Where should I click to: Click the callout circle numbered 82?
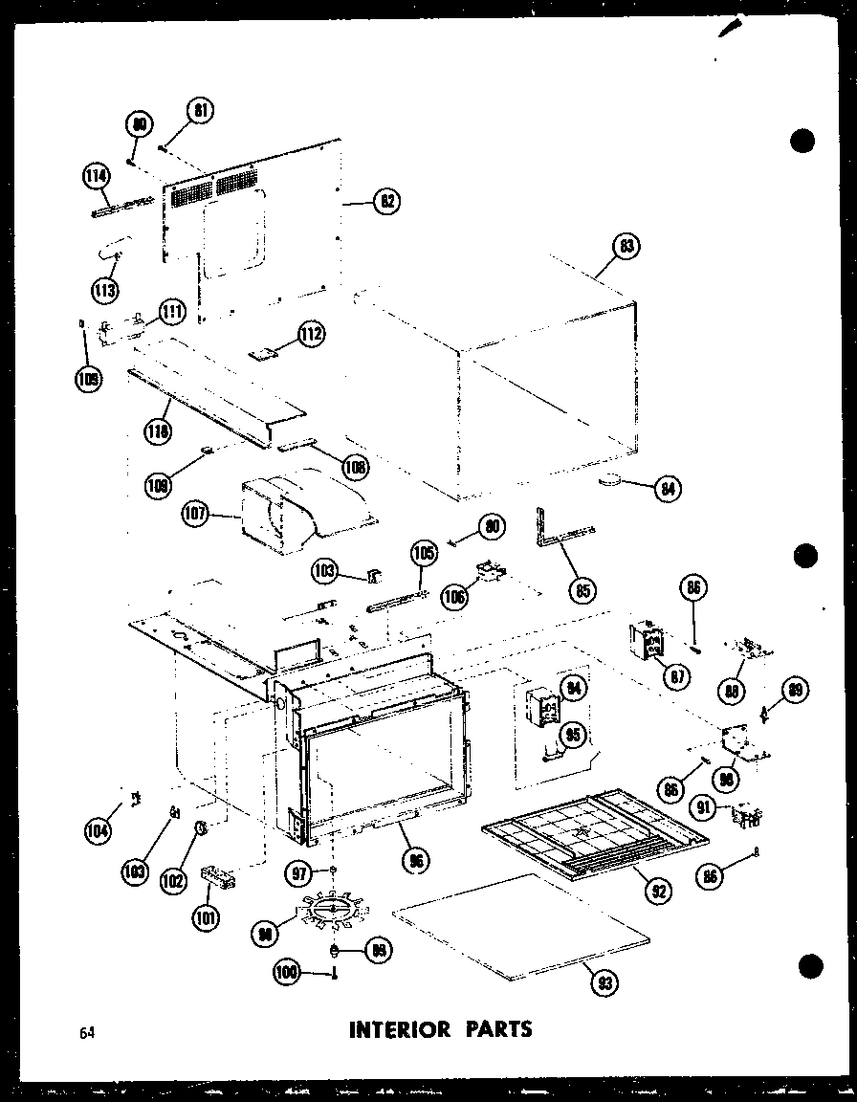click(x=385, y=202)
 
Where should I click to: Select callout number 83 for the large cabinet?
click(x=626, y=247)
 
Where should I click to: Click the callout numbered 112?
click(x=310, y=334)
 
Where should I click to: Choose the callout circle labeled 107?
click(x=196, y=516)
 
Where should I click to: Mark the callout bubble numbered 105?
click(x=422, y=553)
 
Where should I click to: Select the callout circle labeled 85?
click(x=580, y=589)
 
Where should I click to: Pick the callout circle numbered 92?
click(x=658, y=891)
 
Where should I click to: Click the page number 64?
click(x=88, y=1031)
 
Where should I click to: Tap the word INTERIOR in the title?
click(x=400, y=1029)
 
